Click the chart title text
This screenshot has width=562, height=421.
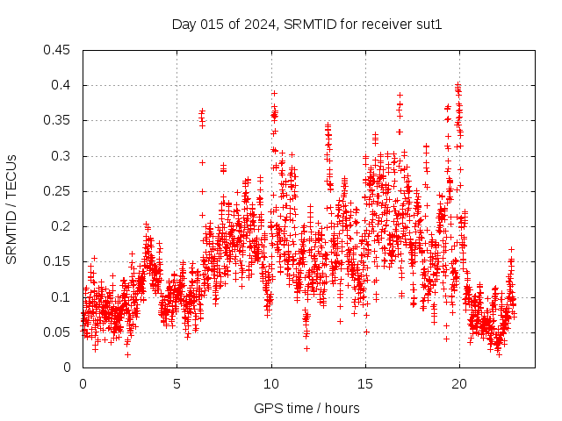pos(306,25)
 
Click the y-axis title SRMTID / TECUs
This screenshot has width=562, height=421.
pos(11,209)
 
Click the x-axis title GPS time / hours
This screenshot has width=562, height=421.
pos(306,408)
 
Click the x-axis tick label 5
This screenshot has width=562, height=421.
pos(177,384)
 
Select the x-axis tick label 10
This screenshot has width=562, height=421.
pos(271,384)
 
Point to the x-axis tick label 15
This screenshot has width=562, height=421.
pos(365,384)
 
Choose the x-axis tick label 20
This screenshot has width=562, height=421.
pos(459,384)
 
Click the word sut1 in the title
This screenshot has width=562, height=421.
pos(429,25)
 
